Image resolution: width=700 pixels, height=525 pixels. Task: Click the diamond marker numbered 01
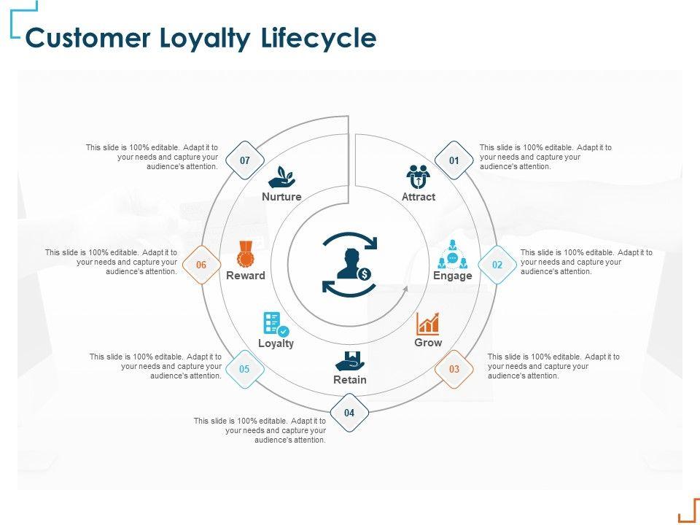point(454,160)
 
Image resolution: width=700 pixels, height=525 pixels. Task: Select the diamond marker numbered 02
point(497,265)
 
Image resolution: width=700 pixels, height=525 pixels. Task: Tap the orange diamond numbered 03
point(454,369)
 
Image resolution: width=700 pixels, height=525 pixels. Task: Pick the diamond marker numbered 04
point(349,413)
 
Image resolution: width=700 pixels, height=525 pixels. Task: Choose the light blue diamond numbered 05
point(244,369)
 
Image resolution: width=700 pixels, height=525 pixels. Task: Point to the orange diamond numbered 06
point(201,265)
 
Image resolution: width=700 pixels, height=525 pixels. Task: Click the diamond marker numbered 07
point(245,160)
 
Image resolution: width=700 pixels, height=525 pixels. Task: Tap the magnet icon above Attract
point(418,176)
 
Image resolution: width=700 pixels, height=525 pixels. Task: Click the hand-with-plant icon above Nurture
point(281,176)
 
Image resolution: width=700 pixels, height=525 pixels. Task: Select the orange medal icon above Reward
point(246,254)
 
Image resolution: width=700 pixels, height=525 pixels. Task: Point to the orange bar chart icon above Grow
point(427,323)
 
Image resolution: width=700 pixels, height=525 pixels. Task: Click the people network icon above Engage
point(452,255)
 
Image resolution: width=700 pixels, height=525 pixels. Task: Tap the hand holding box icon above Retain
point(349,361)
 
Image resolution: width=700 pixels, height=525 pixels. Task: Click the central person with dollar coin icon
point(350,264)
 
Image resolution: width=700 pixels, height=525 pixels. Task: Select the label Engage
point(453,276)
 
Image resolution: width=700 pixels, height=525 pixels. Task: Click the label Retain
point(350,380)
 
